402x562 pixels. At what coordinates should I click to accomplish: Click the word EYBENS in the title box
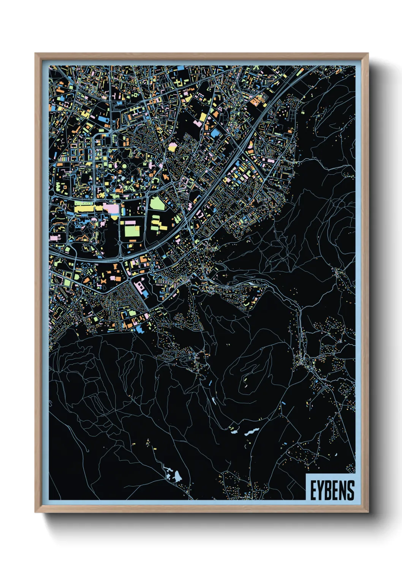point(332,490)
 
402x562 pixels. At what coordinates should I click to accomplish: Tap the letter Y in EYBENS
point(321,490)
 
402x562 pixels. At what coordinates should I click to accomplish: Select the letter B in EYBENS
point(328,490)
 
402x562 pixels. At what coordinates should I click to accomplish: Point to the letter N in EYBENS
point(343,490)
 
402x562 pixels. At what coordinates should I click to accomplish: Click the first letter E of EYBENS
point(313,490)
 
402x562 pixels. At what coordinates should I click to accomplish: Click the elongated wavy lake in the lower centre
point(252,432)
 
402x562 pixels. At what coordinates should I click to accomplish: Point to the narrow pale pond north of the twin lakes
point(214,401)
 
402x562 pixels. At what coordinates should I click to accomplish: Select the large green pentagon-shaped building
point(156,204)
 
